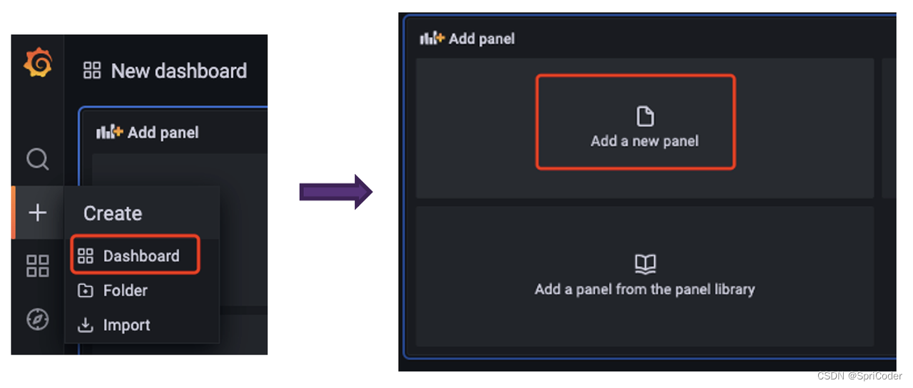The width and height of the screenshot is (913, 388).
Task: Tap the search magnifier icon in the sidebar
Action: pyautogui.click(x=38, y=159)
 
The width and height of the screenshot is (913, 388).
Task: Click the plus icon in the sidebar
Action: pyautogui.click(x=38, y=213)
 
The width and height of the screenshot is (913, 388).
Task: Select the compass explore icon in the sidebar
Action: pyautogui.click(x=38, y=319)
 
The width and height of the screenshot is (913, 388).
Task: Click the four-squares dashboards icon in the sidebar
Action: pyautogui.click(x=38, y=266)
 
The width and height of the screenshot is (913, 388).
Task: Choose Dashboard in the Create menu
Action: pyautogui.click(x=141, y=256)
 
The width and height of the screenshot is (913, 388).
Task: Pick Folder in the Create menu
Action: pyautogui.click(x=125, y=290)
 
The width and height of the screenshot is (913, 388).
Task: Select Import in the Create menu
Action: pyautogui.click(x=126, y=325)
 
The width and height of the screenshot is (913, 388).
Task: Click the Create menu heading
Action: pyautogui.click(x=113, y=213)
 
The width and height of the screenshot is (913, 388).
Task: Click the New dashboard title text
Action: pyautogui.click(x=179, y=71)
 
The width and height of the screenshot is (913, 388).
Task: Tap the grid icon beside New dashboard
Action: pyautogui.click(x=92, y=70)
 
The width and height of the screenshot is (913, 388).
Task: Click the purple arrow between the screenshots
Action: pyautogui.click(x=336, y=192)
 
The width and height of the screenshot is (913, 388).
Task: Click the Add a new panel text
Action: pyautogui.click(x=644, y=141)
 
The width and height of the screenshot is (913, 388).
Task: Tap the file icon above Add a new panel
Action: pyautogui.click(x=645, y=116)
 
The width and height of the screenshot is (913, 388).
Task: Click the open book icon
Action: pyautogui.click(x=646, y=264)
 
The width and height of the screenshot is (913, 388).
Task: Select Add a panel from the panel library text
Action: pyautogui.click(x=645, y=290)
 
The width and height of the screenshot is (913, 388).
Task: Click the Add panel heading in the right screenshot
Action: pyautogui.click(x=481, y=39)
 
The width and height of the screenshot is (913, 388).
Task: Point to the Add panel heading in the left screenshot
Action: pyautogui.click(x=163, y=133)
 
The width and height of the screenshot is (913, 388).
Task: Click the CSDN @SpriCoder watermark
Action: pyautogui.click(x=860, y=376)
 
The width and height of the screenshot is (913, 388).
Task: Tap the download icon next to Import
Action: pyautogui.click(x=85, y=325)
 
